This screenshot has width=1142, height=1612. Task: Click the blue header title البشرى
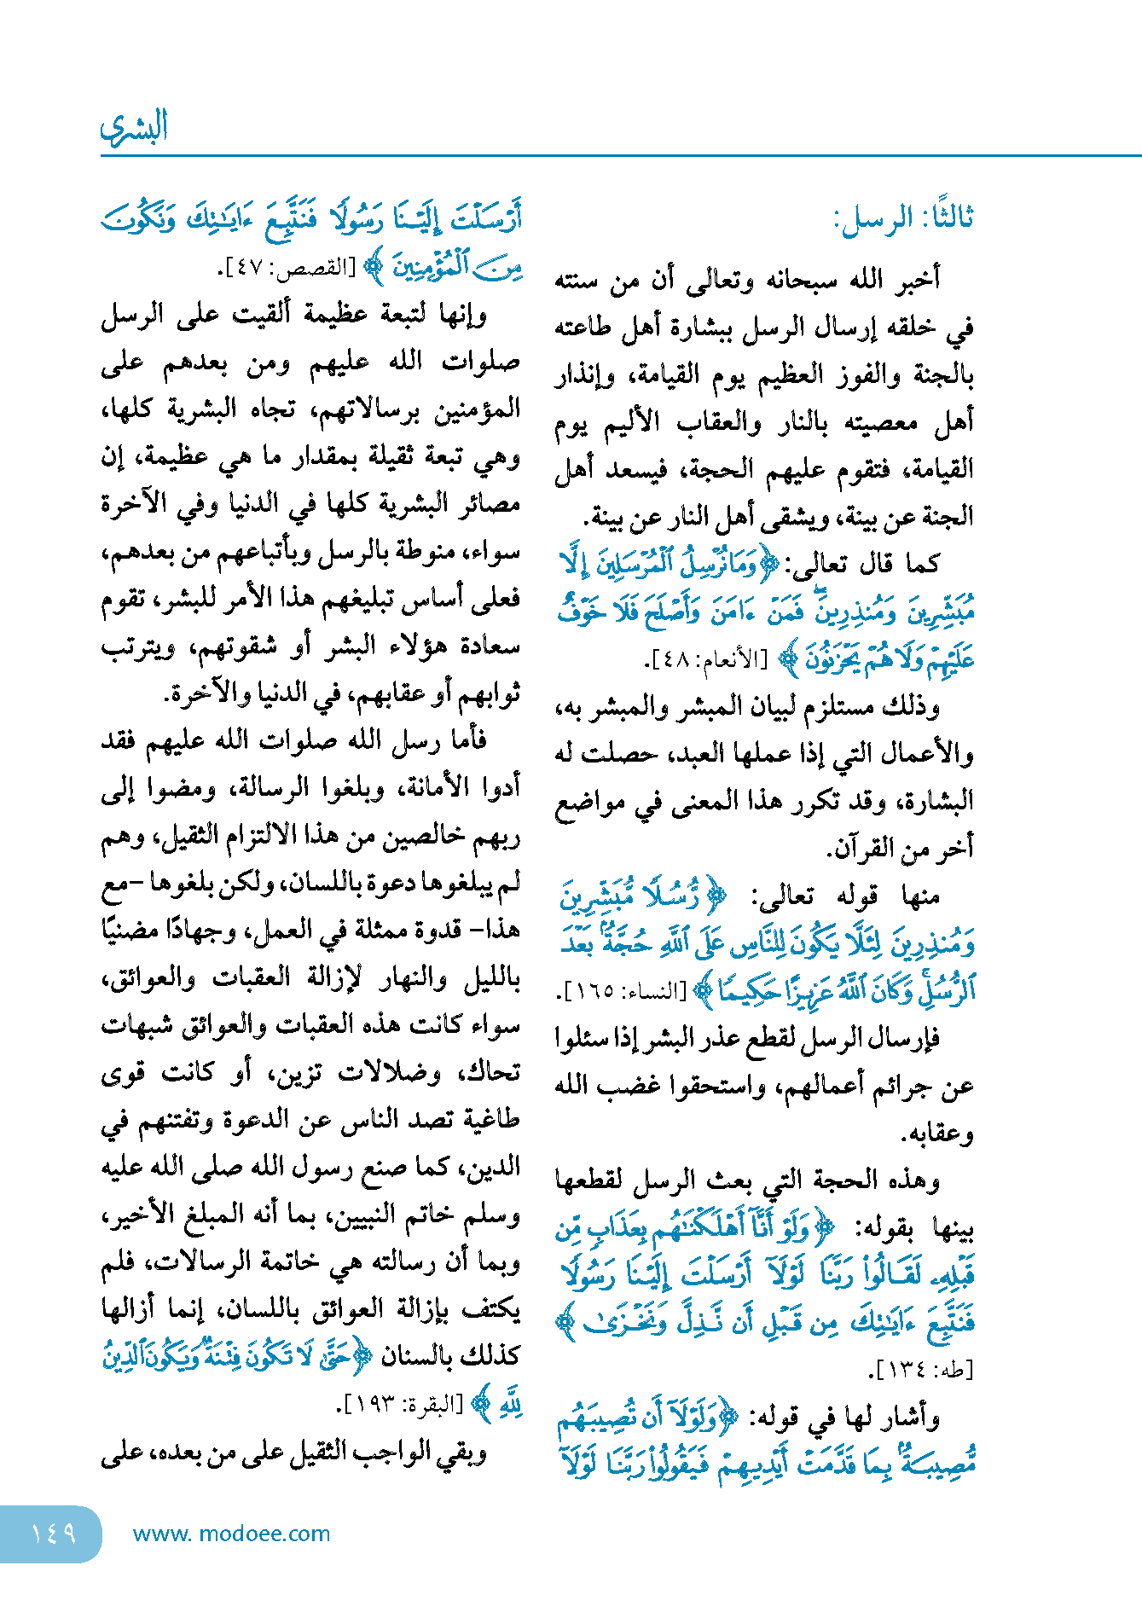134,127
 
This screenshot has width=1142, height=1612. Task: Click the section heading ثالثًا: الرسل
903,218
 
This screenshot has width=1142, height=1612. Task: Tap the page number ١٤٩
53,1534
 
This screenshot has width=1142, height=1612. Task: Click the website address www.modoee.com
231,1534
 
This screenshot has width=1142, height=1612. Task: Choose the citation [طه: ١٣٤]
921,1370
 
